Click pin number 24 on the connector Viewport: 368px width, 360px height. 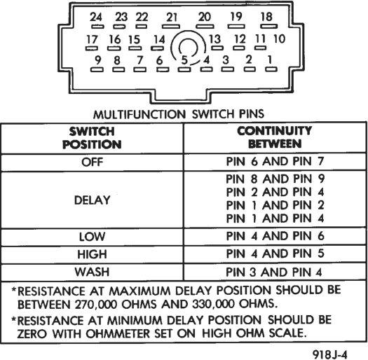click(x=96, y=17)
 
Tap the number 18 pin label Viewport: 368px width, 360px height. click(x=266, y=17)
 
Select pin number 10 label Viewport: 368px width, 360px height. click(x=279, y=39)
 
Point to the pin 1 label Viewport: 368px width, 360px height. click(x=270, y=60)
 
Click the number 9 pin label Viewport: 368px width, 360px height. click(x=98, y=60)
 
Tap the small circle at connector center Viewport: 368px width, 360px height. click(x=189, y=48)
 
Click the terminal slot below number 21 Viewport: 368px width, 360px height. click(x=171, y=27)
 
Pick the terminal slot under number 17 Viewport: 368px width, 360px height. click(x=92, y=48)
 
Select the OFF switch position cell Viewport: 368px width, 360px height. click(x=93, y=162)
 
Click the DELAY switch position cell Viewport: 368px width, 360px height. click(x=93, y=200)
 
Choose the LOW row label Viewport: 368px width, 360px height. click(x=93, y=237)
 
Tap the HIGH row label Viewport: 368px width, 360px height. click(x=93, y=254)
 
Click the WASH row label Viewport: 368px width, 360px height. click(x=93, y=272)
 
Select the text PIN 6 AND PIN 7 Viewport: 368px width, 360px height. click(x=275, y=161)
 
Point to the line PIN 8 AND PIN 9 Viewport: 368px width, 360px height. click(x=275, y=179)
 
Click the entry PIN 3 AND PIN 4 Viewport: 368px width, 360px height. click(x=274, y=272)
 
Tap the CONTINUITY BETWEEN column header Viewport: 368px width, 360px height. click(x=275, y=137)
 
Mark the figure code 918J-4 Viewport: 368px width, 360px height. click(x=330, y=354)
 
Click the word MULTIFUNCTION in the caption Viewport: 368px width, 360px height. click(x=139, y=115)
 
